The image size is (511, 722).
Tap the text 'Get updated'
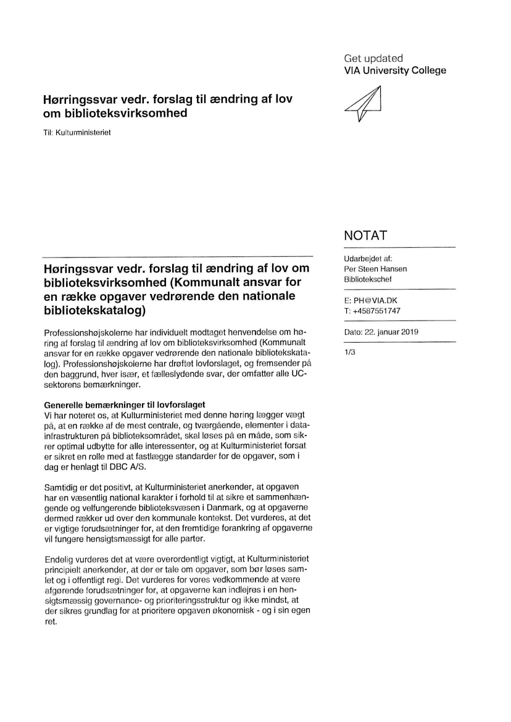tap(373, 58)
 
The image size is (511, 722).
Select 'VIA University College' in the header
tap(394, 70)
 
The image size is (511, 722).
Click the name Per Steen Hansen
tap(375, 269)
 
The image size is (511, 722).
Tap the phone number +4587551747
tap(376, 311)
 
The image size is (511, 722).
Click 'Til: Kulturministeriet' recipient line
tap(77, 133)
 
